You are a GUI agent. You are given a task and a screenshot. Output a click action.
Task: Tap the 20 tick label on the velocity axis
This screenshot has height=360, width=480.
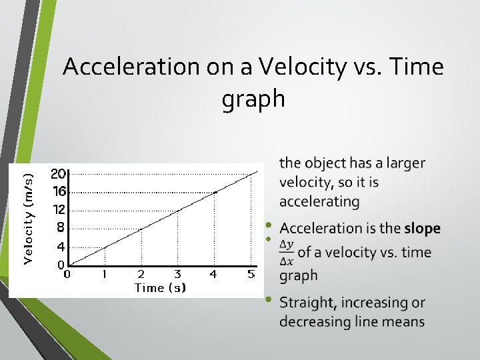[58, 174]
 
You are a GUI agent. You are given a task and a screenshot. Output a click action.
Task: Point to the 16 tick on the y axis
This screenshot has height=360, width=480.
[58, 191]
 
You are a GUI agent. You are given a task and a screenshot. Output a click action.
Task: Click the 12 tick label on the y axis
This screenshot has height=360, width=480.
[58, 209]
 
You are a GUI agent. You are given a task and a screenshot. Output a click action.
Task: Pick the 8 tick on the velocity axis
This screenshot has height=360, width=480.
[61, 227]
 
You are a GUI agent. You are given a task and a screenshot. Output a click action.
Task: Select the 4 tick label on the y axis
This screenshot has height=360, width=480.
[61, 246]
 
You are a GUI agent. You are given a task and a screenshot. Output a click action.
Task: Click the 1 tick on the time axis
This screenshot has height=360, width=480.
[104, 274]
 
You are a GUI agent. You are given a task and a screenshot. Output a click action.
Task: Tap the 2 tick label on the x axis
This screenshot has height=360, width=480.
[141, 274]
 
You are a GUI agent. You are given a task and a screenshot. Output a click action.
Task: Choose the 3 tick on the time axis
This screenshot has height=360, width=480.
[177, 274]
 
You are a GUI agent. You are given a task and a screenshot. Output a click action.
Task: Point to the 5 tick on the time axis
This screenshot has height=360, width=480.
[251, 274]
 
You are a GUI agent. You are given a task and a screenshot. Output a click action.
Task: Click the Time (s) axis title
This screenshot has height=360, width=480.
[160, 287]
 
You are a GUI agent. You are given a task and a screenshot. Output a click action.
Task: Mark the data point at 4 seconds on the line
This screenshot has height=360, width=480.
[215, 192]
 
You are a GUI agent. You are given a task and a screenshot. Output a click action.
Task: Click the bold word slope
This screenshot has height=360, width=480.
[422, 229]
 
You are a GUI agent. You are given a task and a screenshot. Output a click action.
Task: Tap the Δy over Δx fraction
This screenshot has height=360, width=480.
[287, 252]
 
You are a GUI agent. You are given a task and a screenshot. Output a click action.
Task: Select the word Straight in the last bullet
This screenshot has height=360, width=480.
[308, 303]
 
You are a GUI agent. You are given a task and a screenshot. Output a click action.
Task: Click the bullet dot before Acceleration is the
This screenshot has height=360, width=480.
[269, 225]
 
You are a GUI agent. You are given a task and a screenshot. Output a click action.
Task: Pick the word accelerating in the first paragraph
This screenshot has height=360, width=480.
[319, 201]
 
